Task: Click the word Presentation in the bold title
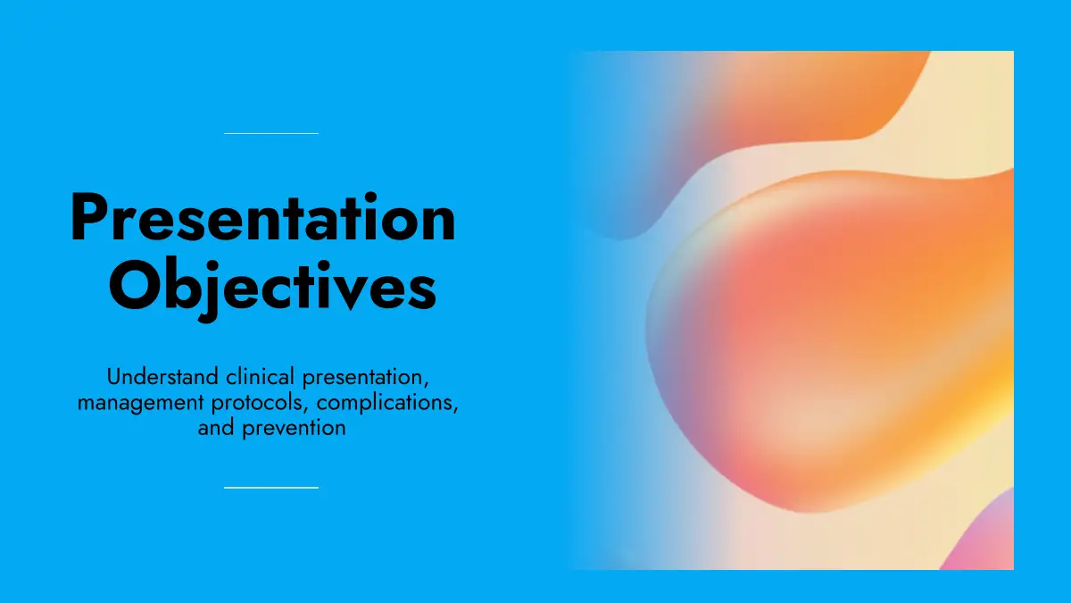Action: (262, 217)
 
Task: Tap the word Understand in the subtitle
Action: (162, 377)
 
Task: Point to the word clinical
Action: (260, 377)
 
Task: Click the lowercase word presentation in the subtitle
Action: (365, 378)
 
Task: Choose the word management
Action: (141, 404)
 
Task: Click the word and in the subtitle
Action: (216, 428)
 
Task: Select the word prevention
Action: (294, 429)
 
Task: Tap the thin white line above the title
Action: (271, 133)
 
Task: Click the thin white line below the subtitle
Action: (271, 488)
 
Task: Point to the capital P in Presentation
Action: (86, 217)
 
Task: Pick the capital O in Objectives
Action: (133, 286)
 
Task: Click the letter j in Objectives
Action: (211, 291)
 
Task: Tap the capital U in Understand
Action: (114, 377)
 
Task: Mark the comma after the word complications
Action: (456, 410)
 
